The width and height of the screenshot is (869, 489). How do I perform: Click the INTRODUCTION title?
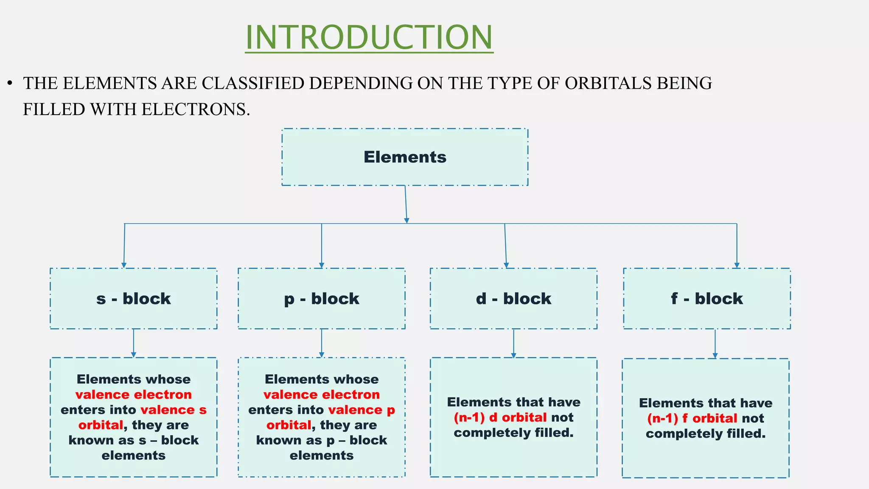pos(369,37)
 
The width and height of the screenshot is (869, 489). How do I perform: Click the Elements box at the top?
pos(405,157)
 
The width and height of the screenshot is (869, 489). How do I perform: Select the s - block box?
pos(133,298)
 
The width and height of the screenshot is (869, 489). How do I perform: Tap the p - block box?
pos(322,298)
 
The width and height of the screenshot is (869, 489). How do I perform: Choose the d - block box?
pos(513,298)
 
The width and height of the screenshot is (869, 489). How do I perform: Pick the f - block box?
pos(707,298)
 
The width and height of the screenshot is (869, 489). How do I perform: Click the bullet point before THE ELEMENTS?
pos(10,83)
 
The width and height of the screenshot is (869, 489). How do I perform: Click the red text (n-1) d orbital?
pos(500,417)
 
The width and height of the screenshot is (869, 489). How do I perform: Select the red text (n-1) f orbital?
pos(692,418)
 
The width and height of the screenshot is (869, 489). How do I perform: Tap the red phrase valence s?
pos(174,410)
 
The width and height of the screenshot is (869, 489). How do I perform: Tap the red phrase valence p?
pos(362,410)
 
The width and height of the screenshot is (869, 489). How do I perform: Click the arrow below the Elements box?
pos(406,205)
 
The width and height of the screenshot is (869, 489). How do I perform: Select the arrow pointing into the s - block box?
pos(124,246)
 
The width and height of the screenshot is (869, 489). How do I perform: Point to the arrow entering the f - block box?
pos(737,246)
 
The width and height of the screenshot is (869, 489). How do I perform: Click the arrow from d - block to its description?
pos(513,343)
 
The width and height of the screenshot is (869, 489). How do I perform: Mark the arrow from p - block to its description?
pos(322,343)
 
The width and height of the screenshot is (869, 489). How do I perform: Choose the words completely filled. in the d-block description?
pos(513,433)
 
